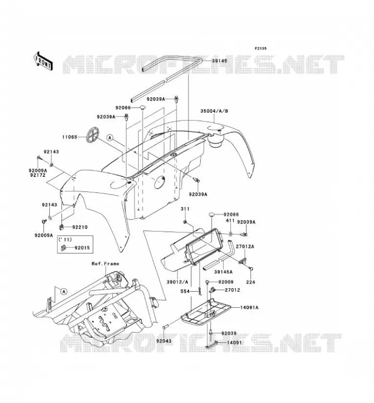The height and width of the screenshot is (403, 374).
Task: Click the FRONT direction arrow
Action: pyautogui.click(x=43, y=60)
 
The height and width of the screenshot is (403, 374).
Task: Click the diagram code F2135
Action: pyautogui.click(x=261, y=48)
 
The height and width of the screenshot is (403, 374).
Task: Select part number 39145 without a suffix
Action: pyautogui.click(x=219, y=61)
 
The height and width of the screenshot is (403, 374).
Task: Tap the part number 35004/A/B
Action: pyautogui.click(x=214, y=111)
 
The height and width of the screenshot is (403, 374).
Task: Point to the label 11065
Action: pyautogui.click(x=70, y=137)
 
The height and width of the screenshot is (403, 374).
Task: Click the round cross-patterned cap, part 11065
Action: pyautogui.click(x=93, y=134)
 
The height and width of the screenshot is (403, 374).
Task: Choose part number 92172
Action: pyautogui.click(x=38, y=175)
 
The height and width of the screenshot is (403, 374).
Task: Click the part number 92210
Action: pyautogui.click(x=80, y=227)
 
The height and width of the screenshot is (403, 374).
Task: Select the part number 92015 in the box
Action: pyautogui.click(x=82, y=248)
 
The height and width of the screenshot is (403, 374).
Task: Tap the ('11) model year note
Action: pyautogui.click(x=65, y=240)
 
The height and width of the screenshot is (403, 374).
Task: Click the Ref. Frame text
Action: pyautogui.click(x=105, y=263)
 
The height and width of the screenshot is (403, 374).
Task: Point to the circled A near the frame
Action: pyautogui.click(x=64, y=292)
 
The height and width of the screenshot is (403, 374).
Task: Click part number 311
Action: pyautogui.click(x=184, y=209)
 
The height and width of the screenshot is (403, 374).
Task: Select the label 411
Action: pyautogui.click(x=230, y=221)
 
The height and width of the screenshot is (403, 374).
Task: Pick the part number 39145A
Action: pyautogui.click(x=224, y=272)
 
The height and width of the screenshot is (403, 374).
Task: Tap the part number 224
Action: pyautogui.click(x=251, y=282)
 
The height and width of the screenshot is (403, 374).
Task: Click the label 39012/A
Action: pyautogui.click(x=177, y=282)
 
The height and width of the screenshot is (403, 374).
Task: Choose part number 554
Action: pyautogui.click(x=185, y=292)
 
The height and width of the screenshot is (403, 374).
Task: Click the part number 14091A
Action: pyautogui.click(x=249, y=307)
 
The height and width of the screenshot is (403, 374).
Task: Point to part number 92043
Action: pyautogui.click(x=164, y=341)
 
